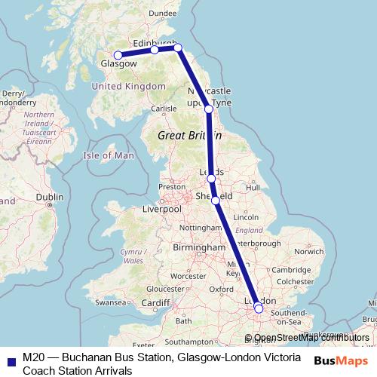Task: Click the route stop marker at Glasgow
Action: tap(118, 55)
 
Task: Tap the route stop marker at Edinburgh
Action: tap(155, 50)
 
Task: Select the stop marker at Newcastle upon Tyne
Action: tap(209, 110)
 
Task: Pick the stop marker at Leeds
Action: tap(211, 179)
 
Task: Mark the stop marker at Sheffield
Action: tap(216, 200)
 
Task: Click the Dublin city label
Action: tap(49, 197)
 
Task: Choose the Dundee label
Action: tap(162, 13)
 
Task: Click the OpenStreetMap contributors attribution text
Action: tap(307, 337)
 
